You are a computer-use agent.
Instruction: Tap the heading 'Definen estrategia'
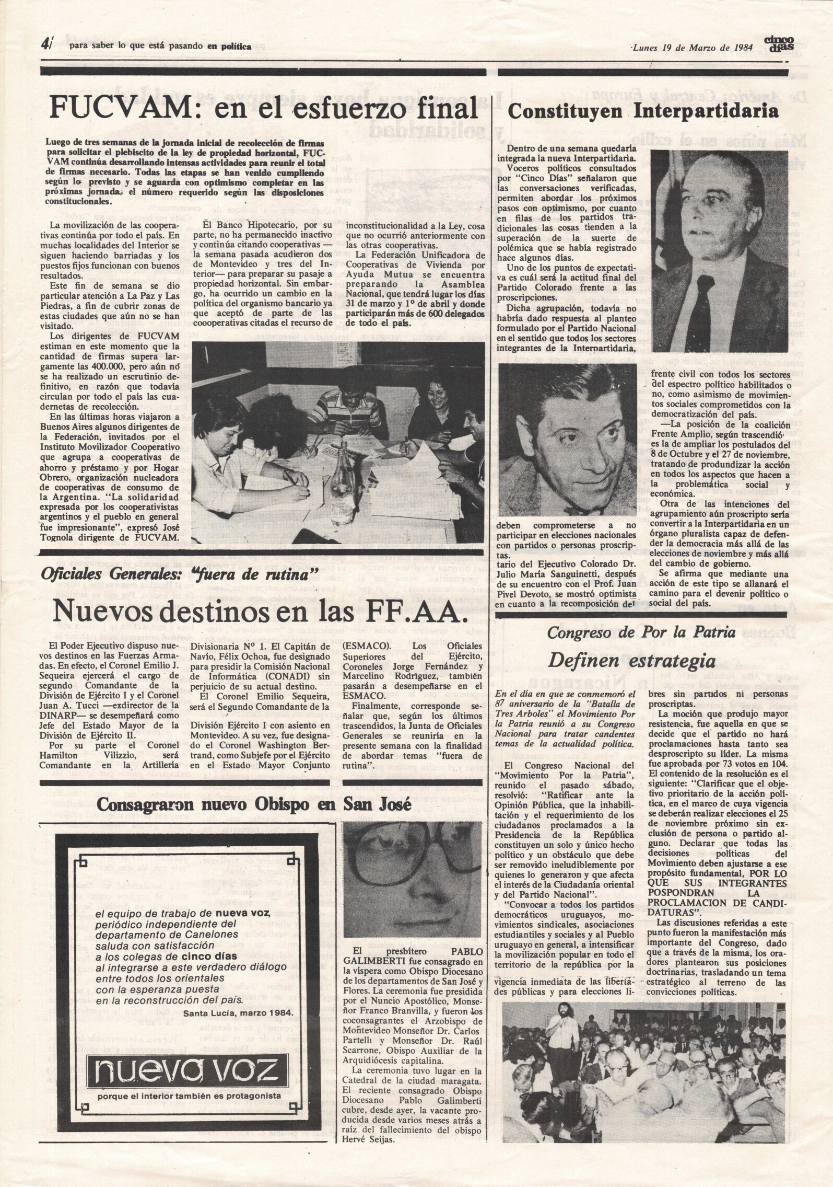[631, 661]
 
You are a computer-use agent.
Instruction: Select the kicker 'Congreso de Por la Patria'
[641, 632]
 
